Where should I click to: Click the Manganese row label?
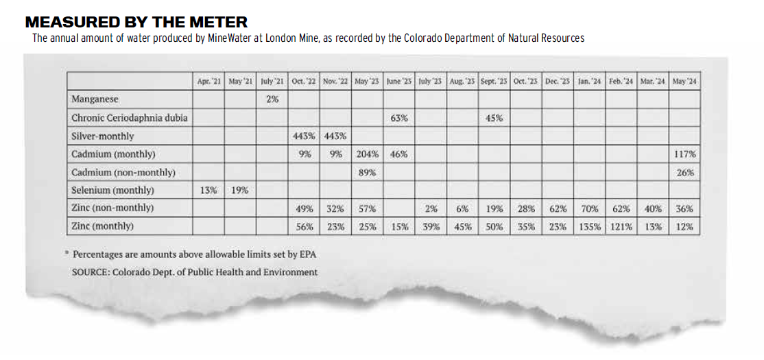(x=95, y=99)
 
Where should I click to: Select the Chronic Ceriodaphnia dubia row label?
(x=130, y=118)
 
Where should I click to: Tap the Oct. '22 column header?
(x=304, y=82)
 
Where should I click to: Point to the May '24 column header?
(x=684, y=82)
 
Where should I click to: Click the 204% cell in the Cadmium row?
(x=368, y=154)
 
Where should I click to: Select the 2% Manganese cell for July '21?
(x=272, y=99)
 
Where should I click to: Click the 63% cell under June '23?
(x=399, y=118)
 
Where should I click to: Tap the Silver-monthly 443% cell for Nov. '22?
(x=336, y=136)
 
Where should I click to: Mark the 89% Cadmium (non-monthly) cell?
(x=367, y=172)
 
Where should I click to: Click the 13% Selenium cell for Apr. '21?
(x=208, y=191)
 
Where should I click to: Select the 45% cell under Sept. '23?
(x=494, y=118)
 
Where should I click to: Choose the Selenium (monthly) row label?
(x=113, y=191)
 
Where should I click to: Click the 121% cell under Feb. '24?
(x=621, y=226)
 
